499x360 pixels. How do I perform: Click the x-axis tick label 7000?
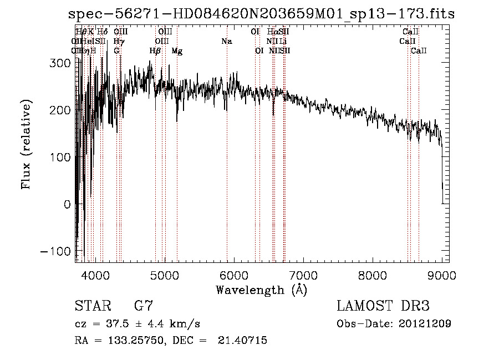pos(303,275)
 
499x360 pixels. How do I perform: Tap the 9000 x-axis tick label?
pos(441,275)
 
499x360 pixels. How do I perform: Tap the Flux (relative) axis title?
pos(26,145)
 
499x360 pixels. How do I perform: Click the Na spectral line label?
pos(226,42)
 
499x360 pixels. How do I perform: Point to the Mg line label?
pos(177,51)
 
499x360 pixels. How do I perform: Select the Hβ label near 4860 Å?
pos(155,51)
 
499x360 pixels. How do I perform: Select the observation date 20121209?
pos(426,323)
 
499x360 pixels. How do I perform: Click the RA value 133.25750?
pos(131,341)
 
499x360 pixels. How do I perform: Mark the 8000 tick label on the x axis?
pos(372,275)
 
